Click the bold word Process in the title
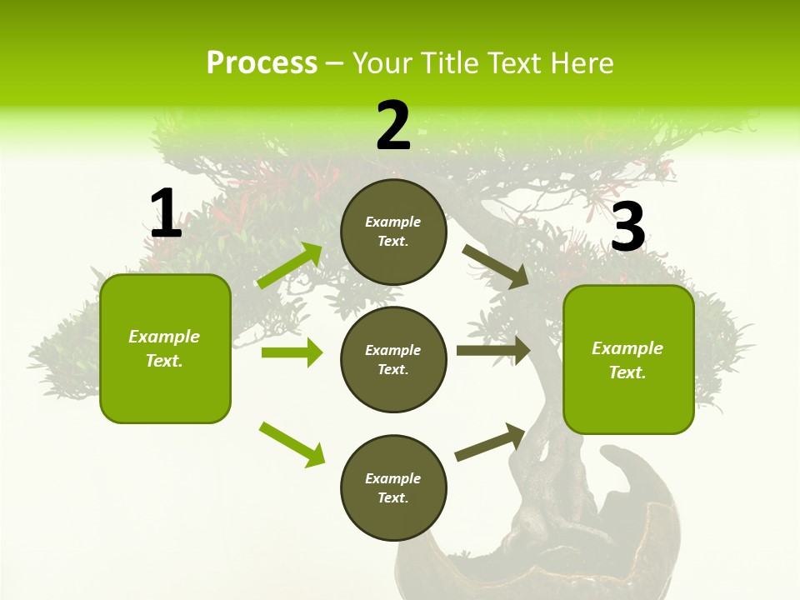(262, 63)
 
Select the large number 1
(166, 214)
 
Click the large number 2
(393, 127)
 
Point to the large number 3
(628, 228)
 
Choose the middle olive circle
(393, 359)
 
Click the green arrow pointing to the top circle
(290, 266)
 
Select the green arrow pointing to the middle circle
(292, 352)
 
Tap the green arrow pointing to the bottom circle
(292, 444)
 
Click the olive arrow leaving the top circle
(495, 267)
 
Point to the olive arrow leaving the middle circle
(493, 351)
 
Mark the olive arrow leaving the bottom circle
(490, 442)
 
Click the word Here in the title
(581, 63)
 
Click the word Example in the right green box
(627, 348)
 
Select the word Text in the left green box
(163, 361)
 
